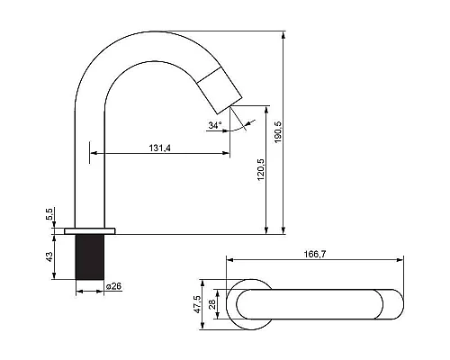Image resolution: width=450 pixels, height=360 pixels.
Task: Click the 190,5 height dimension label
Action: pos(277,132)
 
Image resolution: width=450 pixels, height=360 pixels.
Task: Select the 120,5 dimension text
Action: pos(261,169)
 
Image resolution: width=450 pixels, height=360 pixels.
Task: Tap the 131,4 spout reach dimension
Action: pos(160,148)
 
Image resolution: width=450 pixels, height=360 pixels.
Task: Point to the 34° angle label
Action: pos(215,125)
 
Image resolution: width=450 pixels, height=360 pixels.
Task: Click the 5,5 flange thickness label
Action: pos(49,214)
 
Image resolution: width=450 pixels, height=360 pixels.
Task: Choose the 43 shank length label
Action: pos(49,256)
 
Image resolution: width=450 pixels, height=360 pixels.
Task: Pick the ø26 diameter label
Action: pos(113,286)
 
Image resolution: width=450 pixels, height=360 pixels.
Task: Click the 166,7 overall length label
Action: pos(315,254)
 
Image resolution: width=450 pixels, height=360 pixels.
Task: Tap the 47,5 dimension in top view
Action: pos(197,304)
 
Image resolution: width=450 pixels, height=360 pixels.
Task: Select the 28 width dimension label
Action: pos(212,304)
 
